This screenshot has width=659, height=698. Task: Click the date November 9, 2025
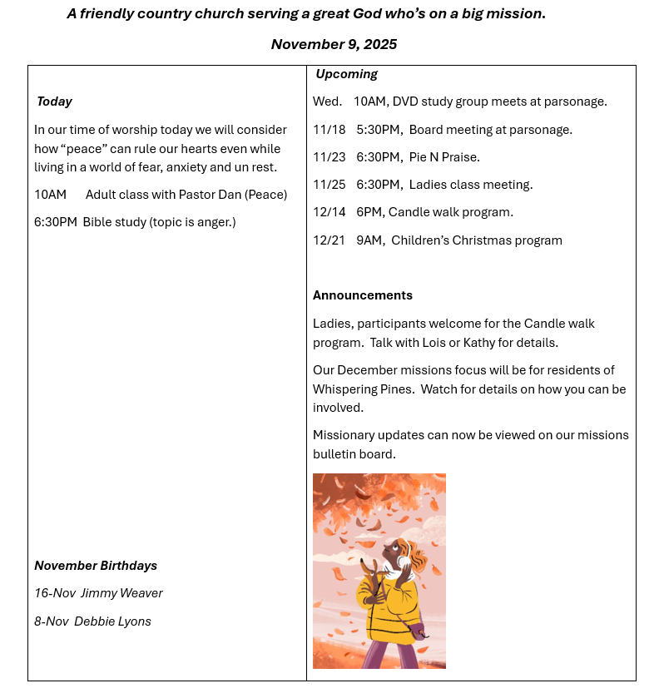[334, 44]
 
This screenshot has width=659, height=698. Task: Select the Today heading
[54, 101]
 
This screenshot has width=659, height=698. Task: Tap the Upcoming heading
[346, 74]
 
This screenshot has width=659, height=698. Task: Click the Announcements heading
[362, 295]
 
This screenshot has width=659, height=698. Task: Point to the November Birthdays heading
[96, 566]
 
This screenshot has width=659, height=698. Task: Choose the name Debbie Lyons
[112, 621]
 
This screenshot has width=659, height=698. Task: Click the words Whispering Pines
[363, 389]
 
